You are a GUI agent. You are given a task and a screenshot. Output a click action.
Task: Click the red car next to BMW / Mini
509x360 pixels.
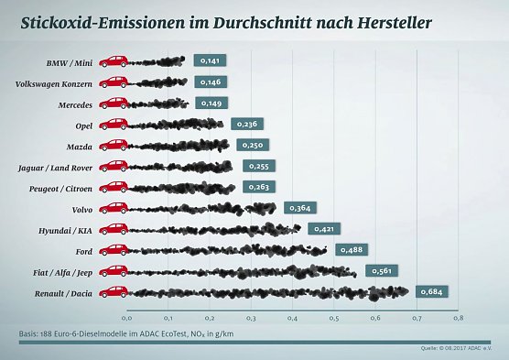114,61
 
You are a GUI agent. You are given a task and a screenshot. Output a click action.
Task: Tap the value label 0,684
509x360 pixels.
432,291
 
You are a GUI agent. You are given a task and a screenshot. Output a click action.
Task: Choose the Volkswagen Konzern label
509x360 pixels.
54,82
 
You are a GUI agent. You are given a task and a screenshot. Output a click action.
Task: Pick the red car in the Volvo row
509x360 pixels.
114,208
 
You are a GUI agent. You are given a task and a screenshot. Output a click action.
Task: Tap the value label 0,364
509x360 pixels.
299,208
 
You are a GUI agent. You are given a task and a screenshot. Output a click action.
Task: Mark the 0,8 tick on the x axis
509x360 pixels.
457,318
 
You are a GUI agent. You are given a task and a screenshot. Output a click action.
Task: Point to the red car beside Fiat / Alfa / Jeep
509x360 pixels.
114,270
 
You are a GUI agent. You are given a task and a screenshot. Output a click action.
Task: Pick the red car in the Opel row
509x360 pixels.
114,125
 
